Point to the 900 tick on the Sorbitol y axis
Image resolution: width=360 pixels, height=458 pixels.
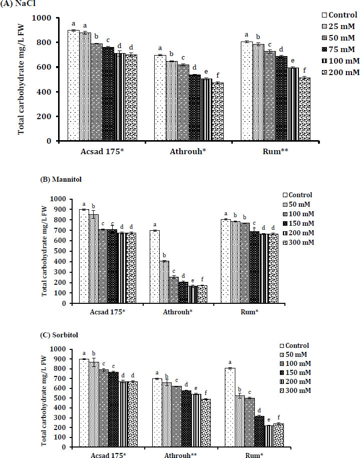tap(64, 359)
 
